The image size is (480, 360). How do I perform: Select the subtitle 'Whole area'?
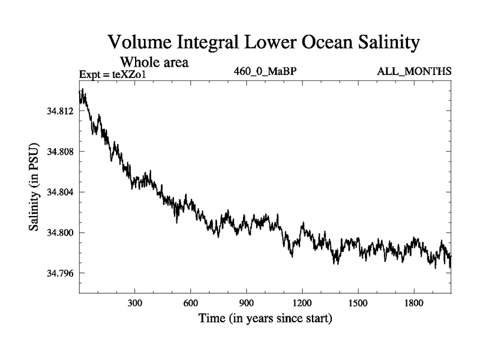[x=155, y=61]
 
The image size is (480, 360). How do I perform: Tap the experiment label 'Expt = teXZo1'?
[x=113, y=74]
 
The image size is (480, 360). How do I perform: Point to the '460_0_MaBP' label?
[x=266, y=72]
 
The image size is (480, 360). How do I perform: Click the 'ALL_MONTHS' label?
[x=414, y=72]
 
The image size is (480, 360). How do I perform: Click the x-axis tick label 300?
[x=134, y=304]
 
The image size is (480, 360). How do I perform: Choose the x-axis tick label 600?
[x=190, y=304]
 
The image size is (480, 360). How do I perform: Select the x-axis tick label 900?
[x=247, y=304]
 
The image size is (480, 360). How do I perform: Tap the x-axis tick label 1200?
[x=302, y=304]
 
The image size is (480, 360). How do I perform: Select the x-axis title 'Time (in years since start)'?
[x=265, y=319]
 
